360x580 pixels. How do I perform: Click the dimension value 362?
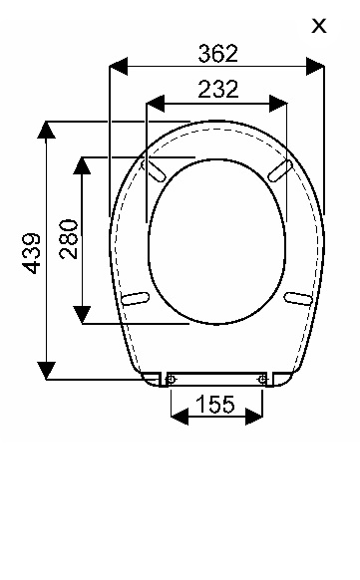[x=218, y=53]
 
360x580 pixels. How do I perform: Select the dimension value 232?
[x=218, y=89]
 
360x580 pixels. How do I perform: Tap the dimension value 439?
[x=31, y=253]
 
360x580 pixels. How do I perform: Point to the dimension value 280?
[x=69, y=239]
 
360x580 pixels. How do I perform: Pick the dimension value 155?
[x=215, y=404]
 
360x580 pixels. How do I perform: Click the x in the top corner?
[x=319, y=26]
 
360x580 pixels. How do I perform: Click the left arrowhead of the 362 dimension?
[x=119, y=66]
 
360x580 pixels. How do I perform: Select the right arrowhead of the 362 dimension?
[x=315, y=66]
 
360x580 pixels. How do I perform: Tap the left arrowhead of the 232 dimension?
[x=156, y=104]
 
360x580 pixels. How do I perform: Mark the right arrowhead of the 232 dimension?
[x=278, y=104]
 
